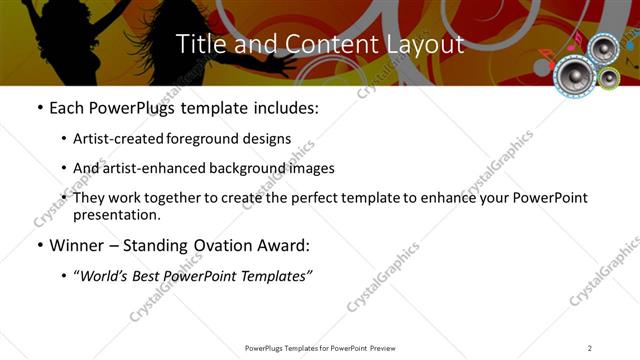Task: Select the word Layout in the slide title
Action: click(424, 44)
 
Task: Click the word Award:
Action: click(283, 246)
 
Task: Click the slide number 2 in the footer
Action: click(589, 348)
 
